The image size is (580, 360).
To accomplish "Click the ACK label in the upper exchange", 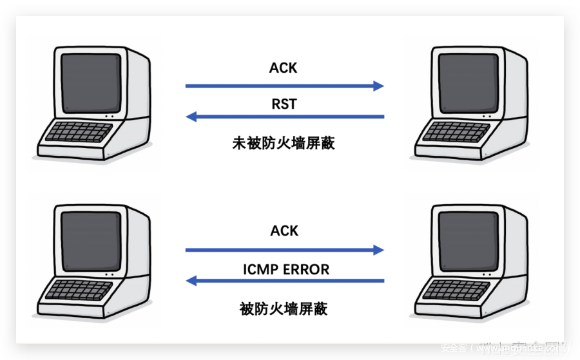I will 284,68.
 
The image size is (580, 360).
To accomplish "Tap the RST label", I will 284,103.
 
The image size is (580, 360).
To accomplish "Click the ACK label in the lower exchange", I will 284,231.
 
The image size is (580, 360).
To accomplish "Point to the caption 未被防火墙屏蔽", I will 284,143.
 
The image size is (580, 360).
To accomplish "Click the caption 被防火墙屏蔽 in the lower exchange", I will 284,308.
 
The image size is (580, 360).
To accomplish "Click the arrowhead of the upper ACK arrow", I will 379,86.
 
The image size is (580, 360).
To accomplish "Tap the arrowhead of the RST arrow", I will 191,117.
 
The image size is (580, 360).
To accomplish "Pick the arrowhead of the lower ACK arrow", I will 379,249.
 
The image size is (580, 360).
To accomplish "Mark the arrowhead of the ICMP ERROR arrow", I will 191,281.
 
